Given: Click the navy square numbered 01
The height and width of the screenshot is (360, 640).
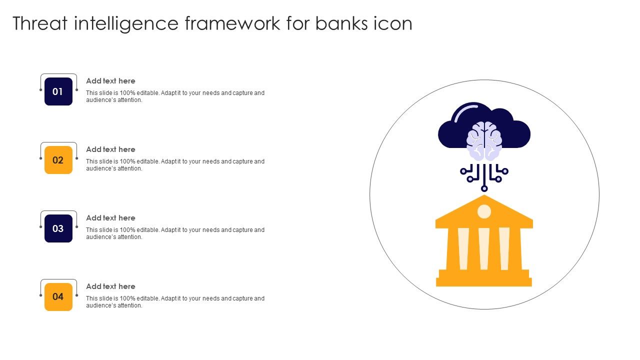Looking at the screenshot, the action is (x=58, y=91).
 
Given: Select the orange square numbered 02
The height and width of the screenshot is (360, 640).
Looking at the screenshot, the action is (x=58, y=160).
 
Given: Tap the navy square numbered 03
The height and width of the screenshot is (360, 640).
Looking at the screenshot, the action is (x=58, y=228).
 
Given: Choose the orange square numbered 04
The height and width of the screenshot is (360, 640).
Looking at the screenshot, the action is (x=58, y=297).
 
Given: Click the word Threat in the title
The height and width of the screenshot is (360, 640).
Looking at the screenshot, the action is (x=40, y=23).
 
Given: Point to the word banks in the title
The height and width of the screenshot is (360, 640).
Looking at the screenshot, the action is (x=341, y=23).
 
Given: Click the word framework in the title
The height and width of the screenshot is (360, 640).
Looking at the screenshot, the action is (x=232, y=23).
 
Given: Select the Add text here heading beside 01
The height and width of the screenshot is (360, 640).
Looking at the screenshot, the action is (x=110, y=81).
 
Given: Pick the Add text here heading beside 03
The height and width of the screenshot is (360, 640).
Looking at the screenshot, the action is (x=110, y=218).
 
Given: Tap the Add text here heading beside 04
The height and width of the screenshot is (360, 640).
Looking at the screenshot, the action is (x=110, y=286).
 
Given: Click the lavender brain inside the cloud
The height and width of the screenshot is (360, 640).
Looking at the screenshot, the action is (x=484, y=141).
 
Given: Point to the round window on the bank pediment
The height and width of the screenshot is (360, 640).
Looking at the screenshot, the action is (x=484, y=211).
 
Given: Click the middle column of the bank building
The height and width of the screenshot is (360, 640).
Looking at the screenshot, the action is (x=484, y=248).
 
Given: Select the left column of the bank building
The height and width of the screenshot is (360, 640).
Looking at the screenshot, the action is (x=463, y=248).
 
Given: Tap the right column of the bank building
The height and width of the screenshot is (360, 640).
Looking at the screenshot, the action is (x=504, y=248).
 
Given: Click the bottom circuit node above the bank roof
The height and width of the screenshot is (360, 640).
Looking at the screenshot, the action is (x=484, y=188).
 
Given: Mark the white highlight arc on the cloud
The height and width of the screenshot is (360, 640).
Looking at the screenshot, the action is (x=465, y=111).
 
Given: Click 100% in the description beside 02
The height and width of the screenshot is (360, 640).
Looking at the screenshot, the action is (x=127, y=161).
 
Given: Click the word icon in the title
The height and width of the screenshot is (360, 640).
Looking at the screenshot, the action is (x=393, y=23).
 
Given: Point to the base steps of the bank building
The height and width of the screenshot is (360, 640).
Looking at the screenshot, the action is (x=484, y=278).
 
